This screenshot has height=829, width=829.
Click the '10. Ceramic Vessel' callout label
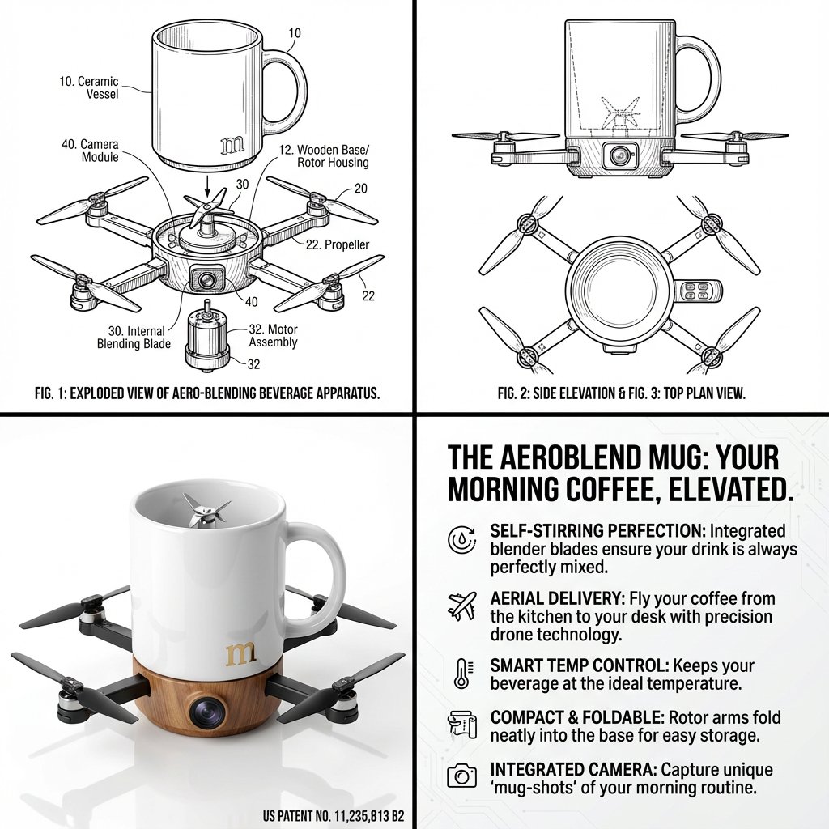point(89,87)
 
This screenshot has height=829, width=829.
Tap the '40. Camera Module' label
point(89,151)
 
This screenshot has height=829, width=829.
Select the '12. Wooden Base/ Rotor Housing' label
point(322,156)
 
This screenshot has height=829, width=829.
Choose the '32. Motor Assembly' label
point(273,336)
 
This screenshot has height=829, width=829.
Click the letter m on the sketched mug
point(232,145)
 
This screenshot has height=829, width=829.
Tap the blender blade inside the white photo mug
point(201,511)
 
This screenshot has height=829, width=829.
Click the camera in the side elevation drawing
point(620,154)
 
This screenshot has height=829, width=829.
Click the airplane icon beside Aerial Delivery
point(462,605)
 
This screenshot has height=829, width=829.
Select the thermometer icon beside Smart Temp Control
point(461,673)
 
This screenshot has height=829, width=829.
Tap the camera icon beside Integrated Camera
point(462,776)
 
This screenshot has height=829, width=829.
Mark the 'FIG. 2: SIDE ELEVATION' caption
point(567,394)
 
